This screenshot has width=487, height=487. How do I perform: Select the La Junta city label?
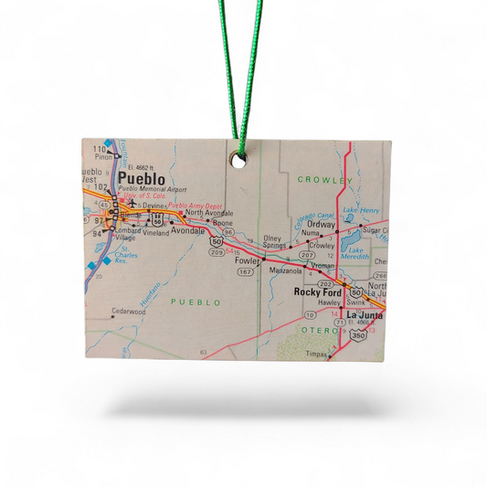(365, 315)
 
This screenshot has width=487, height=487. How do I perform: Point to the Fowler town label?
(246, 259)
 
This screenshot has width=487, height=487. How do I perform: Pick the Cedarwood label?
(128, 312)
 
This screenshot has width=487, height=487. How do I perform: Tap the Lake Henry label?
(361, 211)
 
